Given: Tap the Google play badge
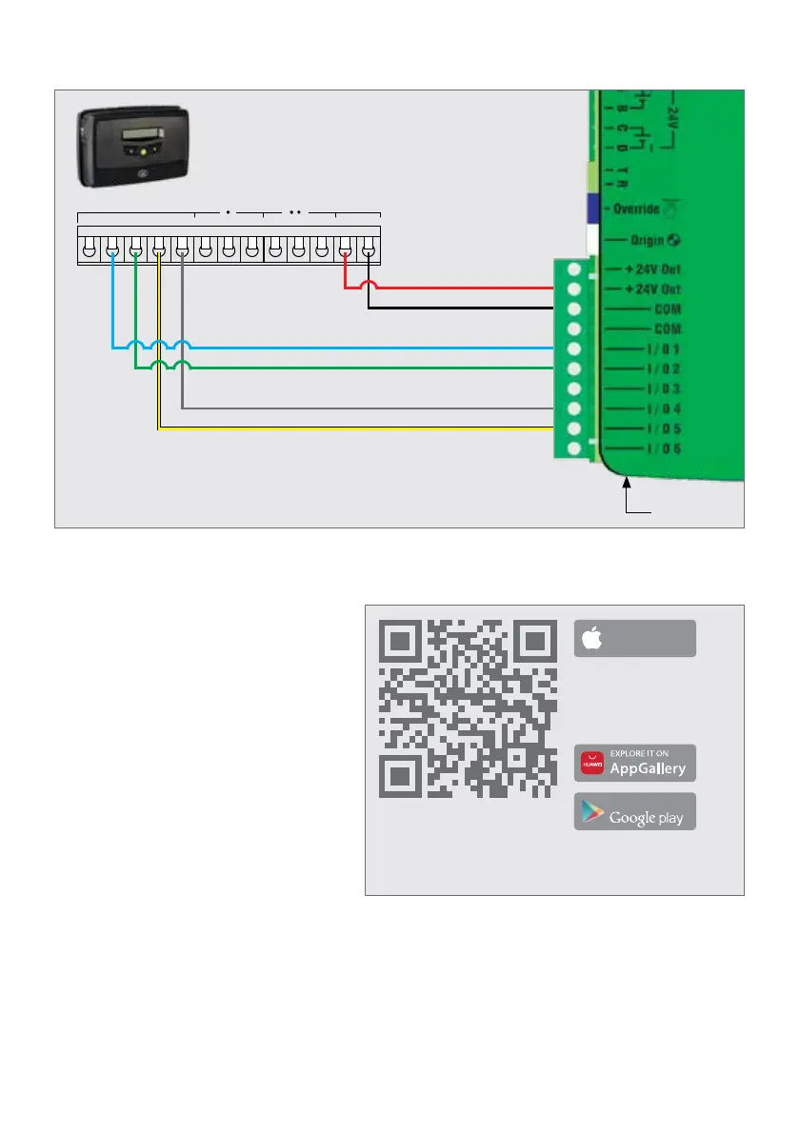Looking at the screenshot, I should click(634, 812).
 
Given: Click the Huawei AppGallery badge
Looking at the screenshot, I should click(634, 764).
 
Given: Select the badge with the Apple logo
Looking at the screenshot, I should click(634, 639).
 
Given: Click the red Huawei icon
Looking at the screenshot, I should click(592, 764).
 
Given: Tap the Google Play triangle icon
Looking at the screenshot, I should click(592, 813).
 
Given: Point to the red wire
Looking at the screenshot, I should click(457, 286).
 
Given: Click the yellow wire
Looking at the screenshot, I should click(362, 429).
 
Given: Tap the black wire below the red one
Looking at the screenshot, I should click(457, 308).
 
